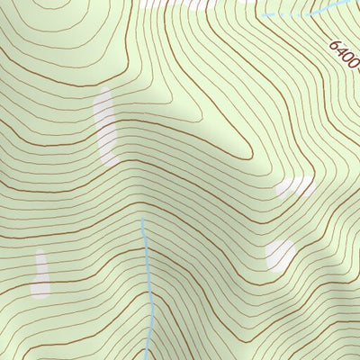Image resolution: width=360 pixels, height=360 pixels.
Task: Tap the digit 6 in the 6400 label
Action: click(333, 45)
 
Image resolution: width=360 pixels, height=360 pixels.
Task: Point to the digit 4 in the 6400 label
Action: click(339, 52)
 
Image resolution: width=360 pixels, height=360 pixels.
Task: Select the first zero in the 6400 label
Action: click(346, 60)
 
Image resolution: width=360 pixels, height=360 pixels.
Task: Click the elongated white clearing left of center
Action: click(106, 127)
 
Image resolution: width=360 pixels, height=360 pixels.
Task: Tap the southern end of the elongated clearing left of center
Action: click(110, 163)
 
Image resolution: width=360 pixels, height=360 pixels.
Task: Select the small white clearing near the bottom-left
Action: click(40, 274)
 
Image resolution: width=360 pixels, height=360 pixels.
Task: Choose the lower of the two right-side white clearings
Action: click(280, 254)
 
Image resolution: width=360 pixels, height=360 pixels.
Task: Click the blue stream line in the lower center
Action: click(148, 279)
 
